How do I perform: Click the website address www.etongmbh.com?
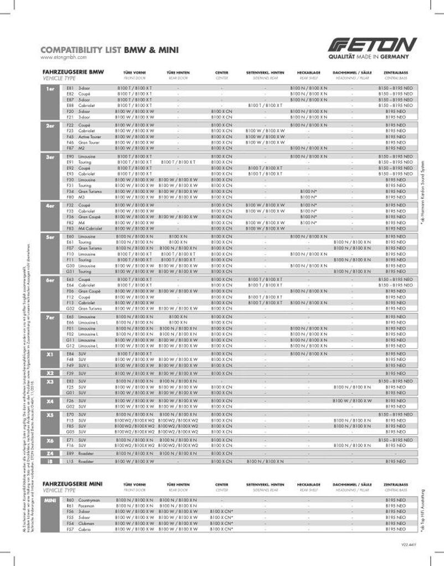pos(63,57)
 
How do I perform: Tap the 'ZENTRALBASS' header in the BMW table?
pos(396,72)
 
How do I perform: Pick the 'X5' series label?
pos(50,414)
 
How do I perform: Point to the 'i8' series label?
pos(50,461)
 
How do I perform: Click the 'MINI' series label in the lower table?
pos(50,500)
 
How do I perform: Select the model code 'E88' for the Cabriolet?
pos(70,106)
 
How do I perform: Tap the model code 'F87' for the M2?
pos(70,148)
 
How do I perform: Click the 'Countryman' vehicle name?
pos(89,500)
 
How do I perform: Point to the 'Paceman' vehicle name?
pos(87,506)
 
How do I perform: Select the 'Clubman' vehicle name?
pos(86,523)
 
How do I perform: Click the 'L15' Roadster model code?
pos(70,461)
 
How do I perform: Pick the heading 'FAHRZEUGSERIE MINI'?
pos(73,483)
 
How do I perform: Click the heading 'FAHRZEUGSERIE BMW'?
pos(73,72)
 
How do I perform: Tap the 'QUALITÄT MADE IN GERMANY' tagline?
pos(369,56)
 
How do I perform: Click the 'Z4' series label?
pos(50,453)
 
